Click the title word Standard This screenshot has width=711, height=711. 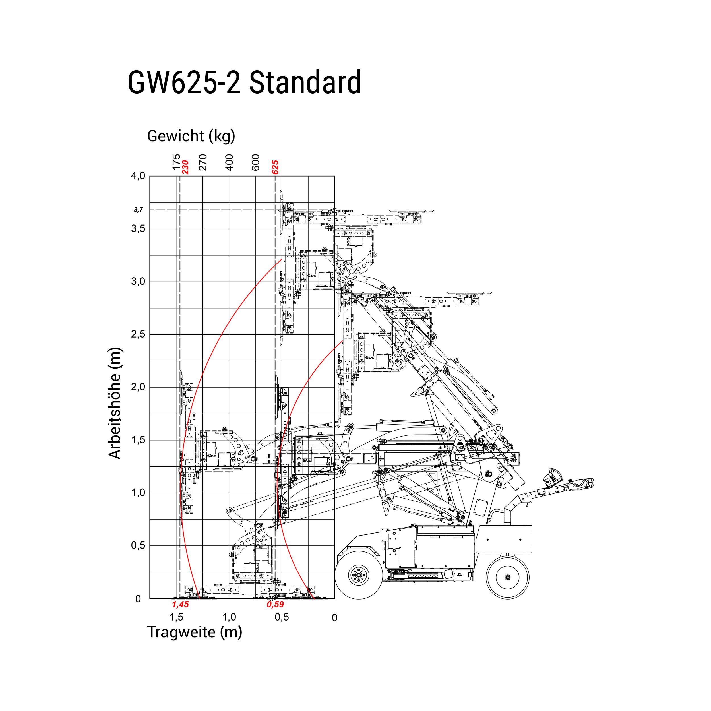point(305,82)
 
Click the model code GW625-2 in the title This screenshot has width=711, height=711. point(184,82)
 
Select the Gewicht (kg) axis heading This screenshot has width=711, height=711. point(191,136)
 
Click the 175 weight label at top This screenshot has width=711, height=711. point(176,162)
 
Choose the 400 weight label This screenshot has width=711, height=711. point(229,162)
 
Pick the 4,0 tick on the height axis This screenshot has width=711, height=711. point(138,176)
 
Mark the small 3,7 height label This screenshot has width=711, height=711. point(139,210)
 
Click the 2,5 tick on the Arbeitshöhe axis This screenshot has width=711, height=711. point(138,334)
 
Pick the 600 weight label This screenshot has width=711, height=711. point(256,162)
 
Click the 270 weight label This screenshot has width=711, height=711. point(203,162)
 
